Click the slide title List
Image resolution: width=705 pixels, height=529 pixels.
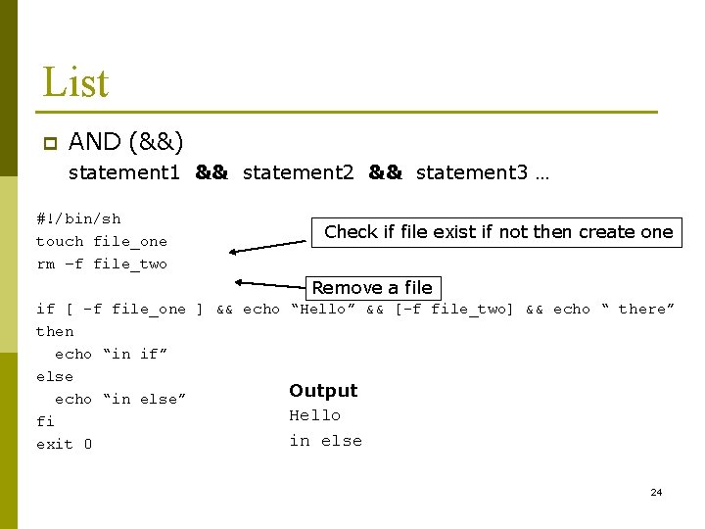pos(74,83)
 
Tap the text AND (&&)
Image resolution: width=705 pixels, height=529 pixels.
pos(126,142)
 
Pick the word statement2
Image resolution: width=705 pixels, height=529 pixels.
pos(298,173)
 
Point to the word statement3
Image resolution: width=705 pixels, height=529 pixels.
pos(471,173)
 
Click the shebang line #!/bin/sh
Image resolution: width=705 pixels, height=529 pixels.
pos(78,218)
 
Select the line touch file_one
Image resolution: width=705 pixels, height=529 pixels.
pos(102,241)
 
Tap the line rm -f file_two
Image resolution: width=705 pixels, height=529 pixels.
pos(102,264)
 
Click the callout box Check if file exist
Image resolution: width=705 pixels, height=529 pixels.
pos(498,232)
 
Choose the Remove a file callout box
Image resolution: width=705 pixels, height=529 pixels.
pos(372,288)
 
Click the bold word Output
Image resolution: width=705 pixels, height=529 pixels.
pos(323,391)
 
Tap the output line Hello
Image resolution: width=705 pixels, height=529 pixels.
pos(314,415)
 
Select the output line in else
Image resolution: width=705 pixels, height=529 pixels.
pos(325,441)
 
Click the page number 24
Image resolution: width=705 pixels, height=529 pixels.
pos(656,492)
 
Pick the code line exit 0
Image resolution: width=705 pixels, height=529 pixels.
pos(64,445)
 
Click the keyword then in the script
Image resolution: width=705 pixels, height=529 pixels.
pos(55,331)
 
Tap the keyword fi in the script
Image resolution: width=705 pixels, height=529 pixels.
pos(45,421)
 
